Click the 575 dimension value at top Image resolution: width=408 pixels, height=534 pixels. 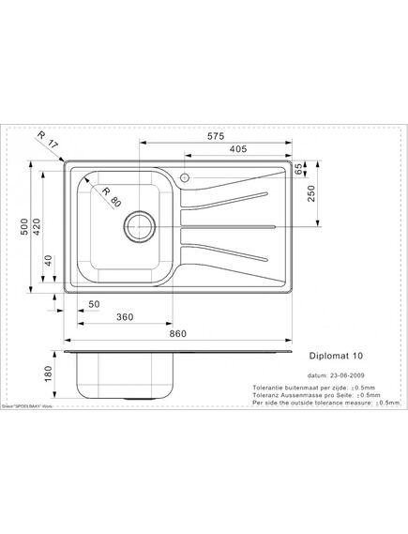(x=216, y=136)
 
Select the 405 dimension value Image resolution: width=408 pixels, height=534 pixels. (x=236, y=148)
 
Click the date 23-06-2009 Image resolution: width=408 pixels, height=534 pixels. (x=343, y=373)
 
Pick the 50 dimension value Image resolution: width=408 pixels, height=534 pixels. (x=94, y=305)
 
